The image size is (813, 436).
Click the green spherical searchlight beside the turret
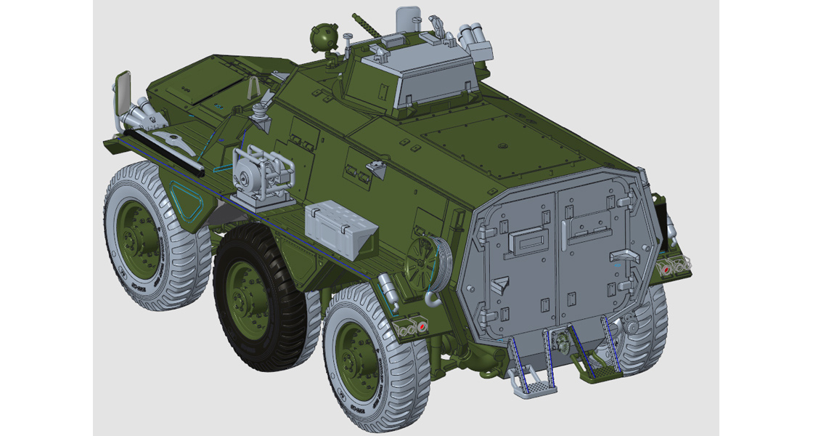pyautogui.click(x=321, y=36)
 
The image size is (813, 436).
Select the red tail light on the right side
pyautogui.click(x=665, y=268)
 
